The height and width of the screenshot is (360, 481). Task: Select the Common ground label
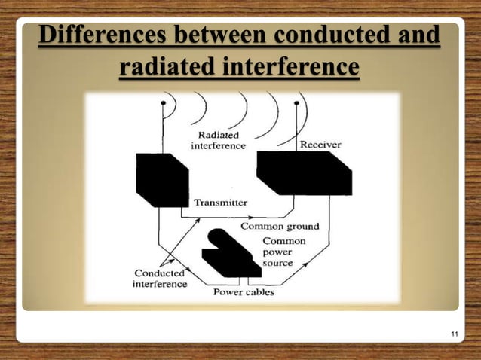point(279,226)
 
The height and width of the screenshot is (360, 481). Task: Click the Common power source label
point(283,252)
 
